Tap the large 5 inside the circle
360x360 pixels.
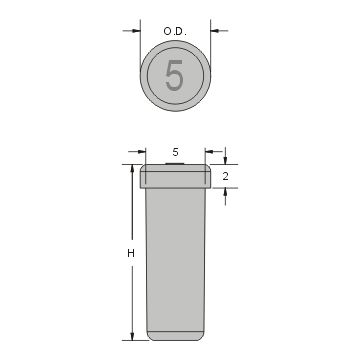coord(175,77)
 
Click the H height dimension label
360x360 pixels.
coord(131,254)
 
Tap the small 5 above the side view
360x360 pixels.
coord(175,151)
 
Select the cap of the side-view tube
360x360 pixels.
coord(175,177)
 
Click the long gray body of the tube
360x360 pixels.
coord(175,260)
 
